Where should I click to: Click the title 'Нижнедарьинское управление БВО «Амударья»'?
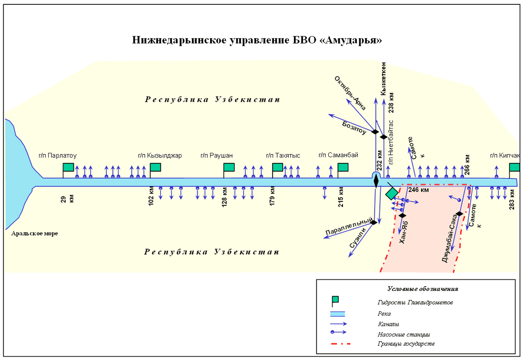pos(257,40)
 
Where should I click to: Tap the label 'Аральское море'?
pos(35,234)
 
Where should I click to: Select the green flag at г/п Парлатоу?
pos(69,167)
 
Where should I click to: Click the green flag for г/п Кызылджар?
pos(155,167)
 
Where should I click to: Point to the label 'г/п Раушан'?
pos(217,155)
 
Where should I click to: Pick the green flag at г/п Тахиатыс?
pos(278,167)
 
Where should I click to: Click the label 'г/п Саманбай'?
pos(338,155)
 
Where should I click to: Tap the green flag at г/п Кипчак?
pos(514,167)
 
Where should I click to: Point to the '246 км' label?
pos(419,190)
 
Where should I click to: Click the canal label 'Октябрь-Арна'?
pos(350,93)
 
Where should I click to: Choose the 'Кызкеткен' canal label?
pos(383,78)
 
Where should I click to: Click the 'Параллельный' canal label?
pos(348,227)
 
